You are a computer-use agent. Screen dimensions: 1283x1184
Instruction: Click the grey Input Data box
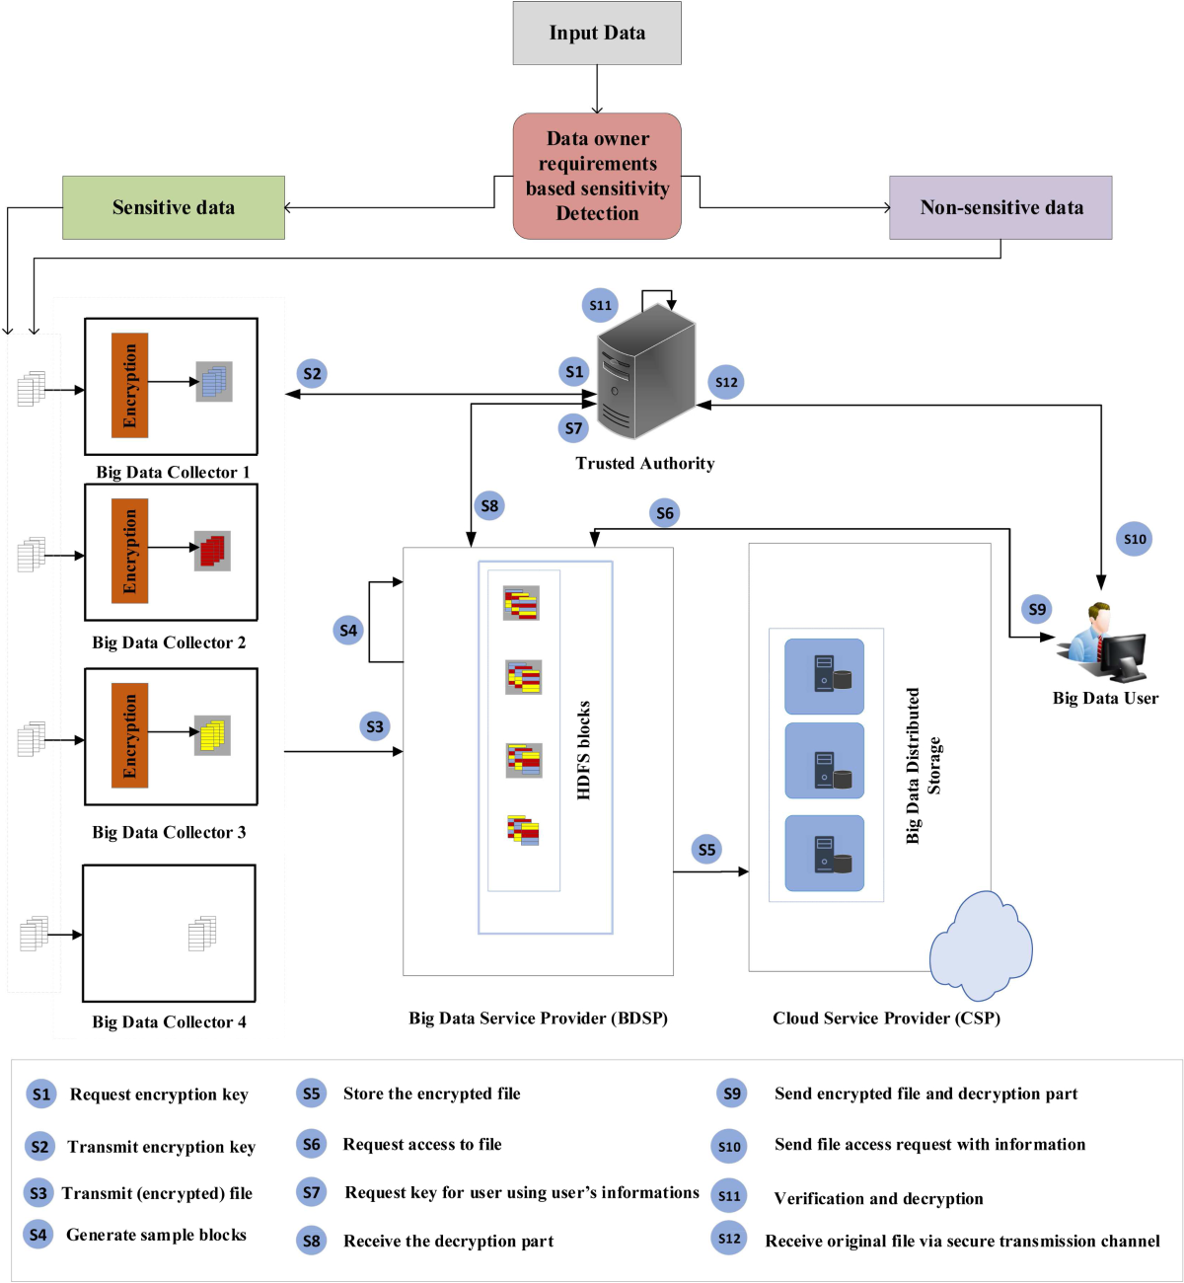click(597, 34)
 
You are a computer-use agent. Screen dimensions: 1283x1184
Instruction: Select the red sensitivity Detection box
click(597, 176)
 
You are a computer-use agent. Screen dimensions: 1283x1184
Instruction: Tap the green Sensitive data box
click(174, 207)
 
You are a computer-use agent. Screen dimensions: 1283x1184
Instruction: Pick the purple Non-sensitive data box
click(1000, 207)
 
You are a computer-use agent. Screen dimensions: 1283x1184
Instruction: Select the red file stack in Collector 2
click(212, 551)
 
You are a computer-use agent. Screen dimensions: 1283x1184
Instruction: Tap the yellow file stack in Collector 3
click(212, 735)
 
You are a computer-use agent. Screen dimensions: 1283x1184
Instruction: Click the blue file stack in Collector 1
click(213, 381)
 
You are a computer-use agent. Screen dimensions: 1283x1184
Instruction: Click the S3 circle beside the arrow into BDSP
click(375, 726)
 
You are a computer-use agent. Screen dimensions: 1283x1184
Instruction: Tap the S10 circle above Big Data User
click(1135, 539)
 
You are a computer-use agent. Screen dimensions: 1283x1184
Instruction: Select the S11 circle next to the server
click(600, 305)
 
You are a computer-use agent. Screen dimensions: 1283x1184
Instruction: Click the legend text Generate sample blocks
click(156, 1235)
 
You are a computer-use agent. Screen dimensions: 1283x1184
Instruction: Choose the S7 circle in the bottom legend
click(312, 1192)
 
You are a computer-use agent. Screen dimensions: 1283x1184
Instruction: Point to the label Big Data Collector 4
click(169, 1021)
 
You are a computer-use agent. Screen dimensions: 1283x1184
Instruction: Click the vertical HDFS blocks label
click(584, 750)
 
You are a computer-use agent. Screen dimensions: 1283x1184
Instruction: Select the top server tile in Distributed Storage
click(824, 676)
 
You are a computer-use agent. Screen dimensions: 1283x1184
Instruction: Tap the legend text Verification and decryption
click(878, 1198)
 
